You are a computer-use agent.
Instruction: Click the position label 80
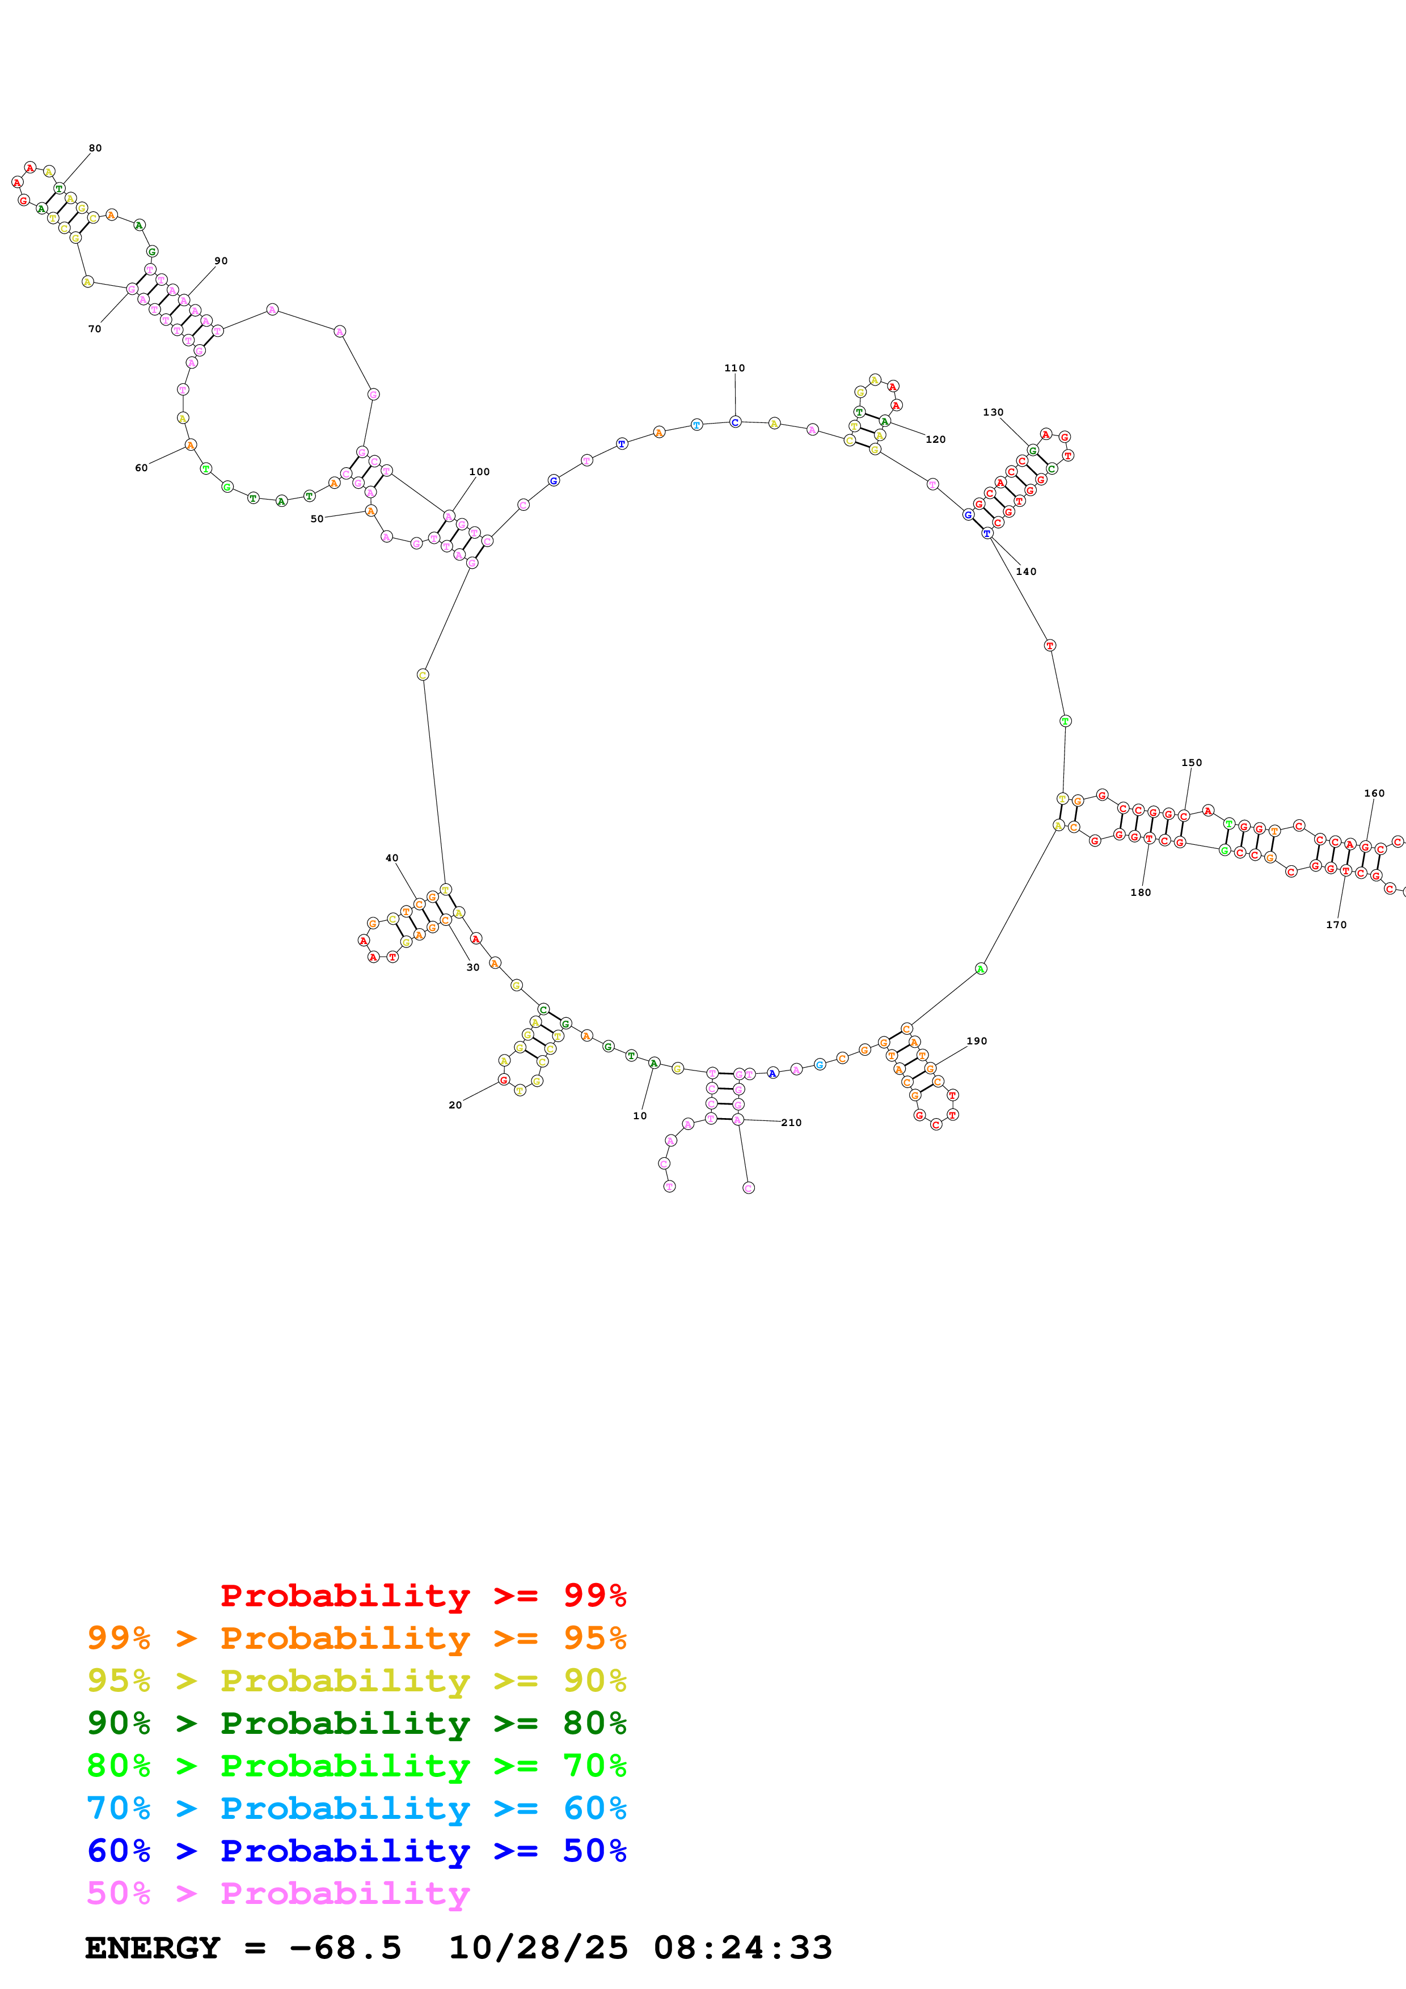95,148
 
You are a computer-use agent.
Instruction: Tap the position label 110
734,368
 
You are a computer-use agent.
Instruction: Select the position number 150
1192,763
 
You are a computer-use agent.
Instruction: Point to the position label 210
791,1123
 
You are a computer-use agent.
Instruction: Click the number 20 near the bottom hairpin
455,1106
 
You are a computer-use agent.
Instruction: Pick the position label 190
976,1042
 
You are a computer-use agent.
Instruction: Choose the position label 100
479,472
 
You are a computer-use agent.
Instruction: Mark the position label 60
141,468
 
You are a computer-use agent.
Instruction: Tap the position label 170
1336,925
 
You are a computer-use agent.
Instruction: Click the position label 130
993,412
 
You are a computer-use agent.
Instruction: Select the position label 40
391,858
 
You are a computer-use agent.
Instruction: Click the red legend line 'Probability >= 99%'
423,1595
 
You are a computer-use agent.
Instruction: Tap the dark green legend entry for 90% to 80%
356,1723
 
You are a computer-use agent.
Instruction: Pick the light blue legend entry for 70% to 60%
356,1808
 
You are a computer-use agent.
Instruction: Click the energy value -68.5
345,1948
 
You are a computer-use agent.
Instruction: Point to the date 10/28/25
537,1948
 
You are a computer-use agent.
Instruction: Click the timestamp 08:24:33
742,1948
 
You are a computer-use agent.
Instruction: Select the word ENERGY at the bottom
153,1948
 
